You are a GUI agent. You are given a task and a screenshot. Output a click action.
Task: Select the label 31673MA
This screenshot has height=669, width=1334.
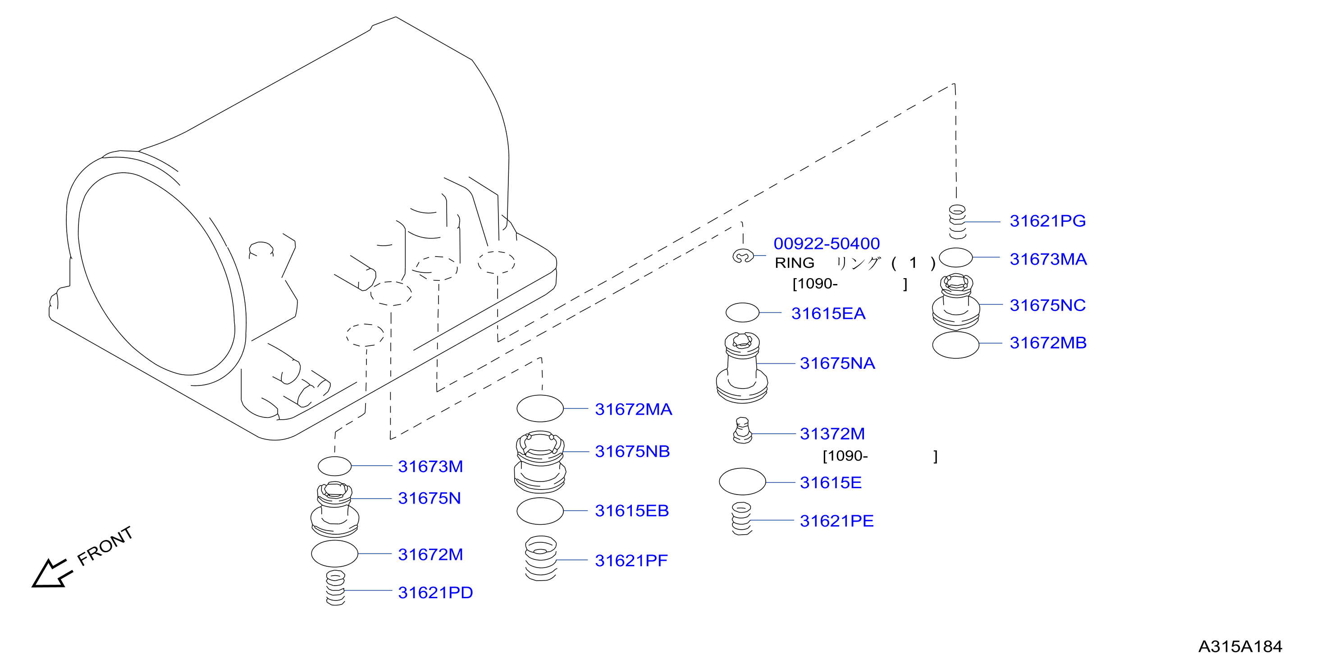(1048, 259)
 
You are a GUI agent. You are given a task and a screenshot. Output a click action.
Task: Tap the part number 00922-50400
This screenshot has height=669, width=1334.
(827, 243)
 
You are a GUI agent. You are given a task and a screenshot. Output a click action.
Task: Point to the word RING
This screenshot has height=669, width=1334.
(795, 263)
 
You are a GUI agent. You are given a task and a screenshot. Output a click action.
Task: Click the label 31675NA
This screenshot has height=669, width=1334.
(837, 363)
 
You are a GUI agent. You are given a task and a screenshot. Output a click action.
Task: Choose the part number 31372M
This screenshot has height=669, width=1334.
(832, 434)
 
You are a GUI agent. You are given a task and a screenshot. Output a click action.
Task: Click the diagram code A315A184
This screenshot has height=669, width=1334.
(1240, 647)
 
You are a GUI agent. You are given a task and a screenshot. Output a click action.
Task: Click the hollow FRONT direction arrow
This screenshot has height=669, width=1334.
(50, 573)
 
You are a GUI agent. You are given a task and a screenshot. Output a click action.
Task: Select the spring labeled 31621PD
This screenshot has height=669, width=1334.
(336, 588)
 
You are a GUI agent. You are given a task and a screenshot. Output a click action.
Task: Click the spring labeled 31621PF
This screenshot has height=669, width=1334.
(541, 558)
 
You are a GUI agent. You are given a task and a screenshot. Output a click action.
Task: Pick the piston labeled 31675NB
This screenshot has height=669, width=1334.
(540, 462)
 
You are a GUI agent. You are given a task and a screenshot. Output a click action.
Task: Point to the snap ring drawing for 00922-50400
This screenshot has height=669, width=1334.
(743, 256)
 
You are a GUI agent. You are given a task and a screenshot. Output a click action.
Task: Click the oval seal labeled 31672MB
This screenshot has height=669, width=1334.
(955, 344)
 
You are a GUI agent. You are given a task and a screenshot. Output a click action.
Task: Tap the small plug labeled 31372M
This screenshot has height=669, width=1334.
(742, 431)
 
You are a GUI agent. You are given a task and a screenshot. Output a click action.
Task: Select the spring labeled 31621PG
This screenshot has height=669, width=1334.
(957, 222)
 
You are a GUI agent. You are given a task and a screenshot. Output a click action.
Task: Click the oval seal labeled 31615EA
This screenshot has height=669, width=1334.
(742, 312)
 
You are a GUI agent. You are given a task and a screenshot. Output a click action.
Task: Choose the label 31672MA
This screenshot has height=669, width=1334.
(633, 409)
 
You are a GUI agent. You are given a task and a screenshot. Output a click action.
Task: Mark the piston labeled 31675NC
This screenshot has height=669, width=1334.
(956, 302)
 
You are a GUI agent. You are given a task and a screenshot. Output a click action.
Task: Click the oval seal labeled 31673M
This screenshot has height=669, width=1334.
(334, 466)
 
